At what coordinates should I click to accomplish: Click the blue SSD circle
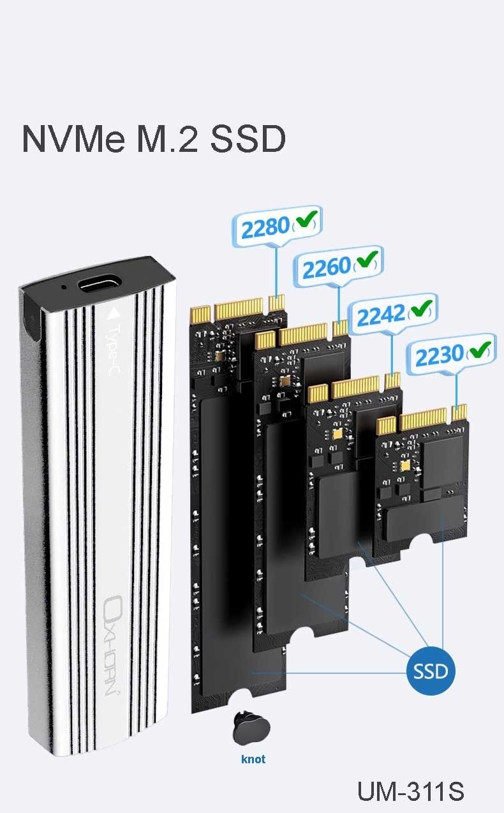[431, 671]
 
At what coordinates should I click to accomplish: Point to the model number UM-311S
[411, 791]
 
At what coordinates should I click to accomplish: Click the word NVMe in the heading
[73, 138]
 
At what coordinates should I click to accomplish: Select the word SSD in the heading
[248, 138]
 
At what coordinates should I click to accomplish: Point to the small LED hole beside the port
[64, 287]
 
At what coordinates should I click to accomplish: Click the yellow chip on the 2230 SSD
[404, 466]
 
